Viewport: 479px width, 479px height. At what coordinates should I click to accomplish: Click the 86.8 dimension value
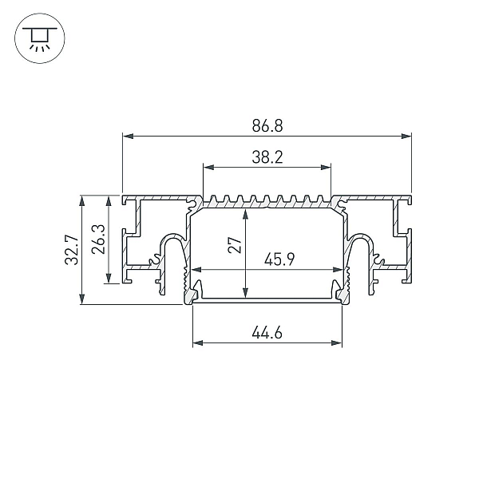click(267, 126)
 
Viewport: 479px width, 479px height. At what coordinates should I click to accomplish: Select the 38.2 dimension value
click(267, 157)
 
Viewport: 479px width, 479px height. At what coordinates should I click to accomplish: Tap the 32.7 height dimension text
click(73, 250)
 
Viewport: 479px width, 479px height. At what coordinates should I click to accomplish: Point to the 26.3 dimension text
click(99, 239)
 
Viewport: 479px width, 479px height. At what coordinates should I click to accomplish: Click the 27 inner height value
click(235, 245)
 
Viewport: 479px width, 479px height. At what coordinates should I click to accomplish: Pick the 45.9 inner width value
click(279, 260)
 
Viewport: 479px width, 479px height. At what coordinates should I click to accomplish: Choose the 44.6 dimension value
click(267, 333)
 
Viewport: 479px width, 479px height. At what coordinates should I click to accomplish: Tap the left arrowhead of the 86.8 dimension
click(128, 136)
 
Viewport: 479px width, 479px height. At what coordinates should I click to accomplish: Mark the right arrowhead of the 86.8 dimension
click(406, 136)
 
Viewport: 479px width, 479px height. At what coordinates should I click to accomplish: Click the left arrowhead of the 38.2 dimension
click(208, 167)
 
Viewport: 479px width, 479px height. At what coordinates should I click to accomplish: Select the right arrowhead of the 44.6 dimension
click(337, 343)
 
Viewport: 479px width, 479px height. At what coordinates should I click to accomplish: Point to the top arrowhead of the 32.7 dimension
click(81, 201)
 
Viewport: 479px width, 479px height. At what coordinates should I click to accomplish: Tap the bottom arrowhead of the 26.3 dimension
click(109, 278)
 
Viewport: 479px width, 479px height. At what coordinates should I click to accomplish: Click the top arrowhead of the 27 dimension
click(245, 215)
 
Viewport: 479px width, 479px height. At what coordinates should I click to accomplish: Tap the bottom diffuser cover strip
click(267, 301)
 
